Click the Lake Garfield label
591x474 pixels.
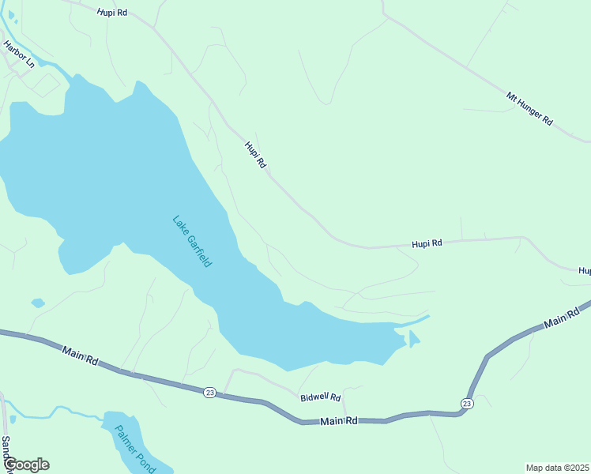[x=192, y=241]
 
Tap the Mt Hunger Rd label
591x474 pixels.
[x=529, y=108]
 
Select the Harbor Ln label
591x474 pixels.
[x=19, y=55]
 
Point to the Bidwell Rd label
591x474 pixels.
[x=320, y=397]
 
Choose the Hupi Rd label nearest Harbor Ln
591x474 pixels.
[x=112, y=13]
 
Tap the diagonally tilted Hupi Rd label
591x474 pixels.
[x=255, y=154]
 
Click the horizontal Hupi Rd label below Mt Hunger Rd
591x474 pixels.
[x=427, y=244]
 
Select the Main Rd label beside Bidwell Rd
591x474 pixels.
[x=340, y=422]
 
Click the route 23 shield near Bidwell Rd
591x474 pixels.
[x=209, y=393]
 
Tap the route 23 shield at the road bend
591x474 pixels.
[x=466, y=404]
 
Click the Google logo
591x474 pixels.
[x=25, y=465]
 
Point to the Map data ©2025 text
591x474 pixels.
[x=558, y=468]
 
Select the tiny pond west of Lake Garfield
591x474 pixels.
[x=37, y=303]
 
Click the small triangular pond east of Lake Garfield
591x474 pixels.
[x=413, y=340]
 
